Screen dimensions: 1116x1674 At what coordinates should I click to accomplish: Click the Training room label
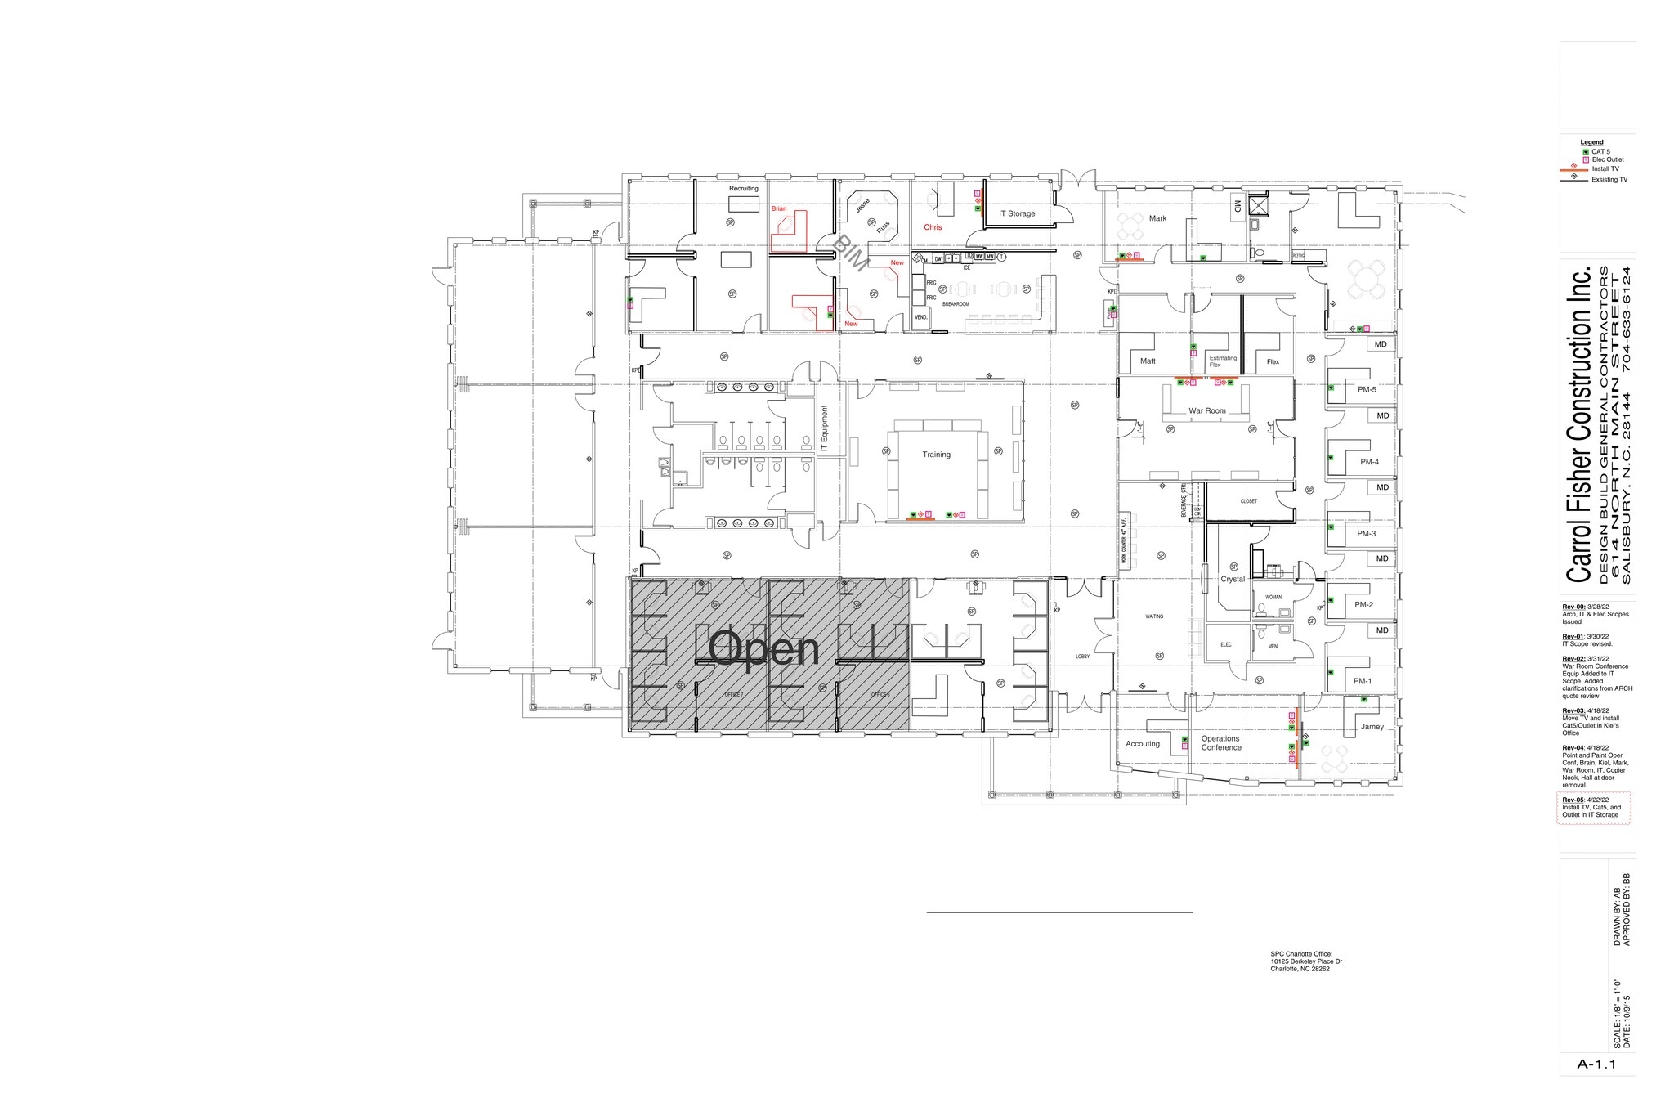point(936,455)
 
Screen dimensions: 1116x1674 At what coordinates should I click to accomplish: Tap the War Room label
point(1206,410)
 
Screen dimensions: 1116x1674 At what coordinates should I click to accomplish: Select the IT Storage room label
point(1016,213)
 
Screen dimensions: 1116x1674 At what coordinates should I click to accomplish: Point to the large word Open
point(763,649)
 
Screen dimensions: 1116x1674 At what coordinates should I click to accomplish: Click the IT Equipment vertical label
point(825,429)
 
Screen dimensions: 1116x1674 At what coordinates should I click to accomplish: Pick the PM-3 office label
point(1366,534)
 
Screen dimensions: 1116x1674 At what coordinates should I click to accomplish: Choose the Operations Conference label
point(1220,743)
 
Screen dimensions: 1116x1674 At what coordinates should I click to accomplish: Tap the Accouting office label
point(1142,744)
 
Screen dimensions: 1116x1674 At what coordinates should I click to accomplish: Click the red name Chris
point(933,227)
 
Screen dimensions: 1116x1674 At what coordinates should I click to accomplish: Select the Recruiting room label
point(743,189)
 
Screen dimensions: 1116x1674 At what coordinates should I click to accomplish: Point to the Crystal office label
point(1232,579)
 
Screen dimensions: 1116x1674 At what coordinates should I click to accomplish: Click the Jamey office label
point(1372,727)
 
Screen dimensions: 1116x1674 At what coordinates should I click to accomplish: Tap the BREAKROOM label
point(956,304)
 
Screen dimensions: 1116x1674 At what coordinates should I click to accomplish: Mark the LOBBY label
point(1082,657)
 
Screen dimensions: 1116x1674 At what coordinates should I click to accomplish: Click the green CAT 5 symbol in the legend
point(1585,152)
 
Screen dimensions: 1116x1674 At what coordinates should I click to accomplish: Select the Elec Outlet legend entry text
point(1607,160)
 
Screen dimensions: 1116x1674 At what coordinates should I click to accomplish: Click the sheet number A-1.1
point(1597,1064)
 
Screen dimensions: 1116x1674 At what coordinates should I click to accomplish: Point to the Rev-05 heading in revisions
point(1573,800)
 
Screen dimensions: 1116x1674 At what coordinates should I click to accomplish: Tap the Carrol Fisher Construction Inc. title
point(1578,424)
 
